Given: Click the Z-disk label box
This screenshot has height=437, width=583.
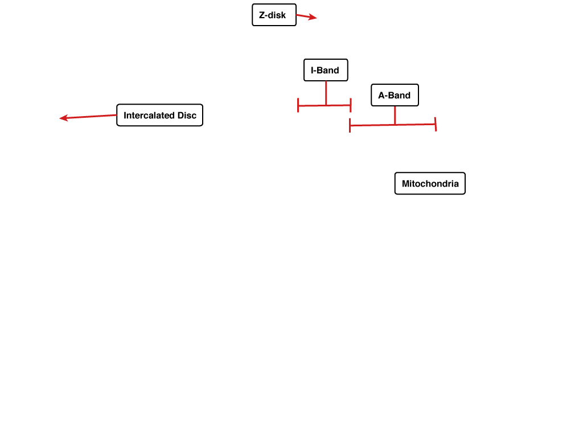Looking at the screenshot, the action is pyautogui.click(x=274, y=15).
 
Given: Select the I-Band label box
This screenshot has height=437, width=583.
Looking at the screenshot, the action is pyautogui.click(x=326, y=70).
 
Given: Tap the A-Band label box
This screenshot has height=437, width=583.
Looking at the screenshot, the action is pyautogui.click(x=395, y=95).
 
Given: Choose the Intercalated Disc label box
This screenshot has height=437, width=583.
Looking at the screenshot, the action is pyautogui.click(x=160, y=115).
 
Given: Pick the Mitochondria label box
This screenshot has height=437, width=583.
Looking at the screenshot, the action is pyautogui.click(x=430, y=183).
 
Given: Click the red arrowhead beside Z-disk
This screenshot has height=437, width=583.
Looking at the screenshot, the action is pyautogui.click(x=313, y=17).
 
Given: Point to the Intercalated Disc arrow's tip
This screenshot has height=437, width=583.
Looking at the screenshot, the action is pyautogui.click(x=60, y=118).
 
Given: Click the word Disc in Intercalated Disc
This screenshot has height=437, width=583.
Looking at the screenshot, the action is pyautogui.click(x=187, y=115).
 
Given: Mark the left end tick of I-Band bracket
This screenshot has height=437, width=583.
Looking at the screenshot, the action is pyautogui.click(x=298, y=105).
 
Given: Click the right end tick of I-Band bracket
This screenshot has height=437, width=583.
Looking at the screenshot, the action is pyautogui.click(x=351, y=105).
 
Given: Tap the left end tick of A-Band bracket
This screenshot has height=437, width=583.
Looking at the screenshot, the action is pyautogui.click(x=350, y=125).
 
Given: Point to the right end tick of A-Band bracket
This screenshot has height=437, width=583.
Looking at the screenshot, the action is pyautogui.click(x=436, y=124).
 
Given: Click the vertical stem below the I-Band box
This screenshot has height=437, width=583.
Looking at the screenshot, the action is pyautogui.click(x=326, y=93).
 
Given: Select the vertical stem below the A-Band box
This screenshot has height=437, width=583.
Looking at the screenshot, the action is pyautogui.click(x=395, y=116).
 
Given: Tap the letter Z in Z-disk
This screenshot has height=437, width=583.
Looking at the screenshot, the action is pyautogui.click(x=262, y=15).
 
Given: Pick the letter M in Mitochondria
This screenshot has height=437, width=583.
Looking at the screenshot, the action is pyautogui.click(x=405, y=184).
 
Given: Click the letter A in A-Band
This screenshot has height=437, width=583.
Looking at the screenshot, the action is pyautogui.click(x=381, y=96).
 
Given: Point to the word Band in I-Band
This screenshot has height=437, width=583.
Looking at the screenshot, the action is pyautogui.click(x=327, y=70).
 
